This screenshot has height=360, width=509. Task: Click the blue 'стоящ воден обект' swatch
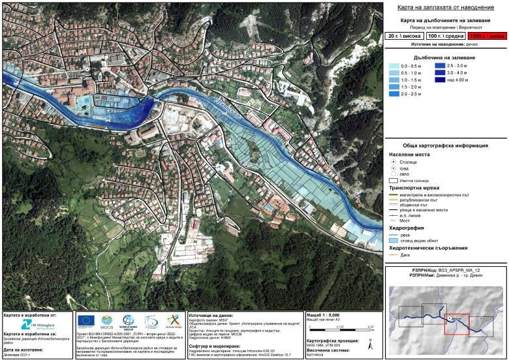[393, 241]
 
